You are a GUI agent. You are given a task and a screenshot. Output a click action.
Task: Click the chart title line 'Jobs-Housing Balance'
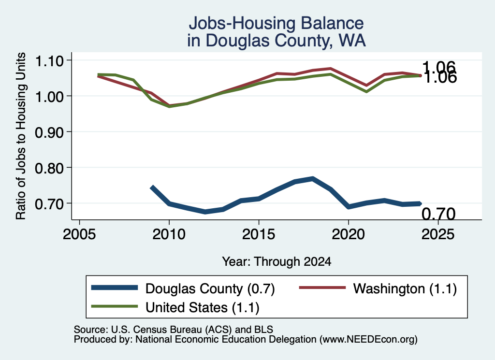[276, 23]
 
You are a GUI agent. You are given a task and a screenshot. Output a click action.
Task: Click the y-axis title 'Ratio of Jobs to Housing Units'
[21, 136]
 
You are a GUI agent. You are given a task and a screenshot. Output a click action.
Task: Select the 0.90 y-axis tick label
[49, 132]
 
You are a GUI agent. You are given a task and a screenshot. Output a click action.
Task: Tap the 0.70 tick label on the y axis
[49, 204]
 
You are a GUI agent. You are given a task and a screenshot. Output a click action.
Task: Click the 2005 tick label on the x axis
[80, 234]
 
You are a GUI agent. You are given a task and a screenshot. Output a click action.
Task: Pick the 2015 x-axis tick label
[259, 234]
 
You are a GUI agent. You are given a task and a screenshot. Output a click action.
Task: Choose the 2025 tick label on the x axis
[438, 234]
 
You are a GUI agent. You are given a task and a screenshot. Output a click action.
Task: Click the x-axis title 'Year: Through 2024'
[277, 261]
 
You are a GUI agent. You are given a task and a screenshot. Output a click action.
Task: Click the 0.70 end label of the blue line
[438, 214]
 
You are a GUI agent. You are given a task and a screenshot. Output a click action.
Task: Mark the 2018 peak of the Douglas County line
[313, 179]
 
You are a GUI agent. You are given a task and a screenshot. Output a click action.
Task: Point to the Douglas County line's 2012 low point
[205, 212]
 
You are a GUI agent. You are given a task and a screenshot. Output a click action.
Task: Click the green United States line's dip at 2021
[366, 91]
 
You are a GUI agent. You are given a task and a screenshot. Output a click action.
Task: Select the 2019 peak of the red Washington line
[330, 69]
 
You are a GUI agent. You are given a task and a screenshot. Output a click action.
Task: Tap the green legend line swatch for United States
[114, 306]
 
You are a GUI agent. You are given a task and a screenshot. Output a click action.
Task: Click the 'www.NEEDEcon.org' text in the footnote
[368, 340]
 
